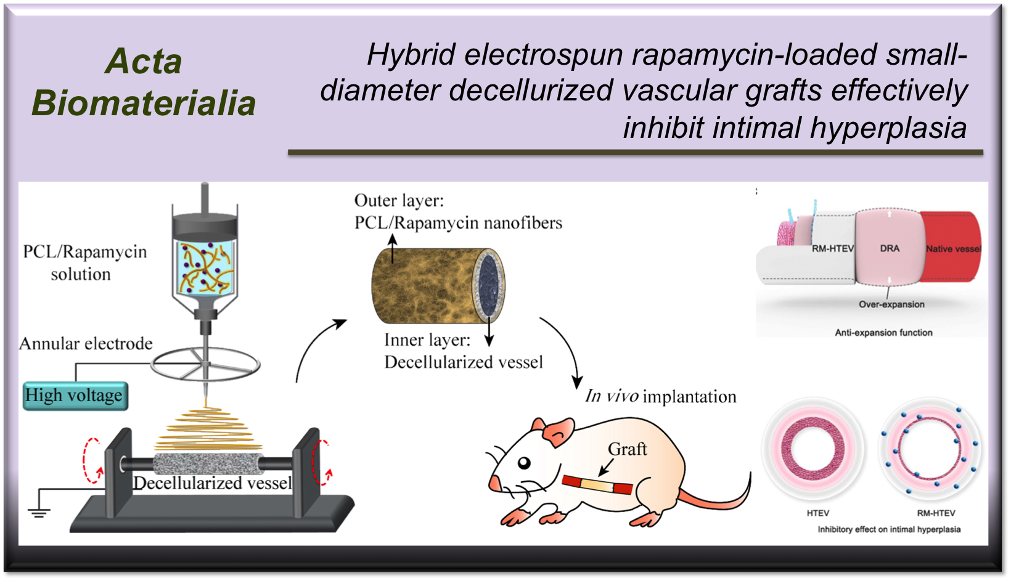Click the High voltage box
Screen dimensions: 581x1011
click(x=75, y=396)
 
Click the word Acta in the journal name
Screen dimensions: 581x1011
click(x=144, y=62)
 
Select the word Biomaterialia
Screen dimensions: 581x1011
click(x=144, y=103)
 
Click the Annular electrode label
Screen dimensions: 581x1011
click(x=86, y=343)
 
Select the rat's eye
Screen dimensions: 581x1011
click(x=524, y=463)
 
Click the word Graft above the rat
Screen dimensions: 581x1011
click(x=627, y=449)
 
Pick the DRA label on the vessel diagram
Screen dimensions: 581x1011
click(x=890, y=248)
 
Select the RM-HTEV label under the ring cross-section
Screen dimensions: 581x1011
click(x=936, y=513)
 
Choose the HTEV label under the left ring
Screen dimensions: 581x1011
click(x=818, y=513)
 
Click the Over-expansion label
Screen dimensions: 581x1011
click(x=891, y=304)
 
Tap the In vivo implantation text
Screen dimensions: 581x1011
click(x=660, y=396)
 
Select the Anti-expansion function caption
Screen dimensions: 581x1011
click(x=883, y=333)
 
